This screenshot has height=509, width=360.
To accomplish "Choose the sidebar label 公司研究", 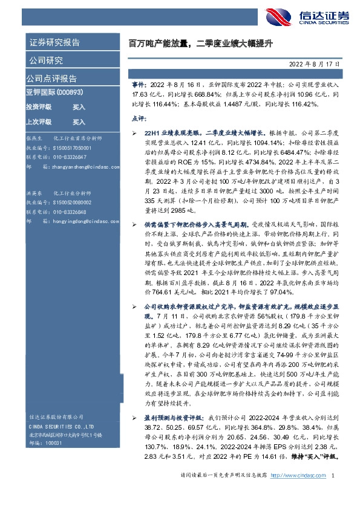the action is (x=45, y=60).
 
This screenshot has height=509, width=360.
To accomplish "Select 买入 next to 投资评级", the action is (x=79, y=107).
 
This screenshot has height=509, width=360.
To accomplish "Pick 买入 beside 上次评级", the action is (x=79, y=121).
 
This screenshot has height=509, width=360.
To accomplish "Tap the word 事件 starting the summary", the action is (x=138, y=86).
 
